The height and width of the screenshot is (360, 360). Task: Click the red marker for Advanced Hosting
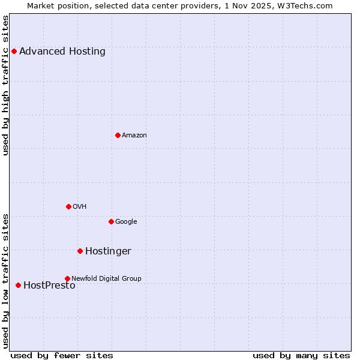pos(14,51)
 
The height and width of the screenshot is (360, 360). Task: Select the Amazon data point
pos(118,135)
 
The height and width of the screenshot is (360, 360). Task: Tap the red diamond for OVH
pos(68,206)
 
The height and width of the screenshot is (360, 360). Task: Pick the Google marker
pos(111,221)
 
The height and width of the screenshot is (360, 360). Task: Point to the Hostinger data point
pos(80,251)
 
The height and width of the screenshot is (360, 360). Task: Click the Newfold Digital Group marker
pos(67,278)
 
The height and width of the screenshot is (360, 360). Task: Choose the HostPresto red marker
pos(18,285)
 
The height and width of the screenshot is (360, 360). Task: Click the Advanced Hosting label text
pos(62,51)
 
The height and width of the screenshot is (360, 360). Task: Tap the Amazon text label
pos(134,135)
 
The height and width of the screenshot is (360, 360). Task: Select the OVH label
pos(80,206)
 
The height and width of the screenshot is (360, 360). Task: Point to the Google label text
pos(126,221)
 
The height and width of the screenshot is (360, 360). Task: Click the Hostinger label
pos(108,251)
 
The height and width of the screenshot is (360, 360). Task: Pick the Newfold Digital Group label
pos(106,278)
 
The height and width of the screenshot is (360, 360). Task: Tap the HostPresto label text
pos(49,285)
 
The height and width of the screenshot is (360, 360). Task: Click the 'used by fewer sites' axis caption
pos(62,355)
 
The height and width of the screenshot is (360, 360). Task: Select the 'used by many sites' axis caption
pos(301,355)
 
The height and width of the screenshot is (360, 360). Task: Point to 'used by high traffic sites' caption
pos(6,85)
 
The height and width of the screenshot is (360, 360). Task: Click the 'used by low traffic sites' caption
pos(6,281)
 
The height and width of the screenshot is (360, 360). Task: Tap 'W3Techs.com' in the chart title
pos(307,5)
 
